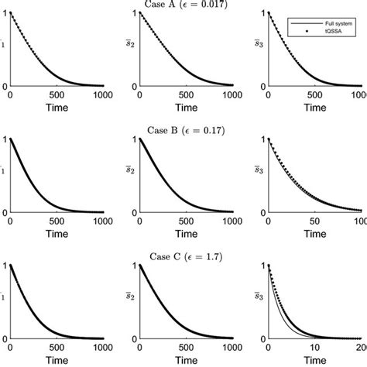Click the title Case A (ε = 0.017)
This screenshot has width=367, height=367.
click(x=183, y=5)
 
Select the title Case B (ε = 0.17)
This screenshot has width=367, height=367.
click(x=183, y=131)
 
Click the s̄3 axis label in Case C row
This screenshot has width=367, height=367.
click(x=259, y=295)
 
